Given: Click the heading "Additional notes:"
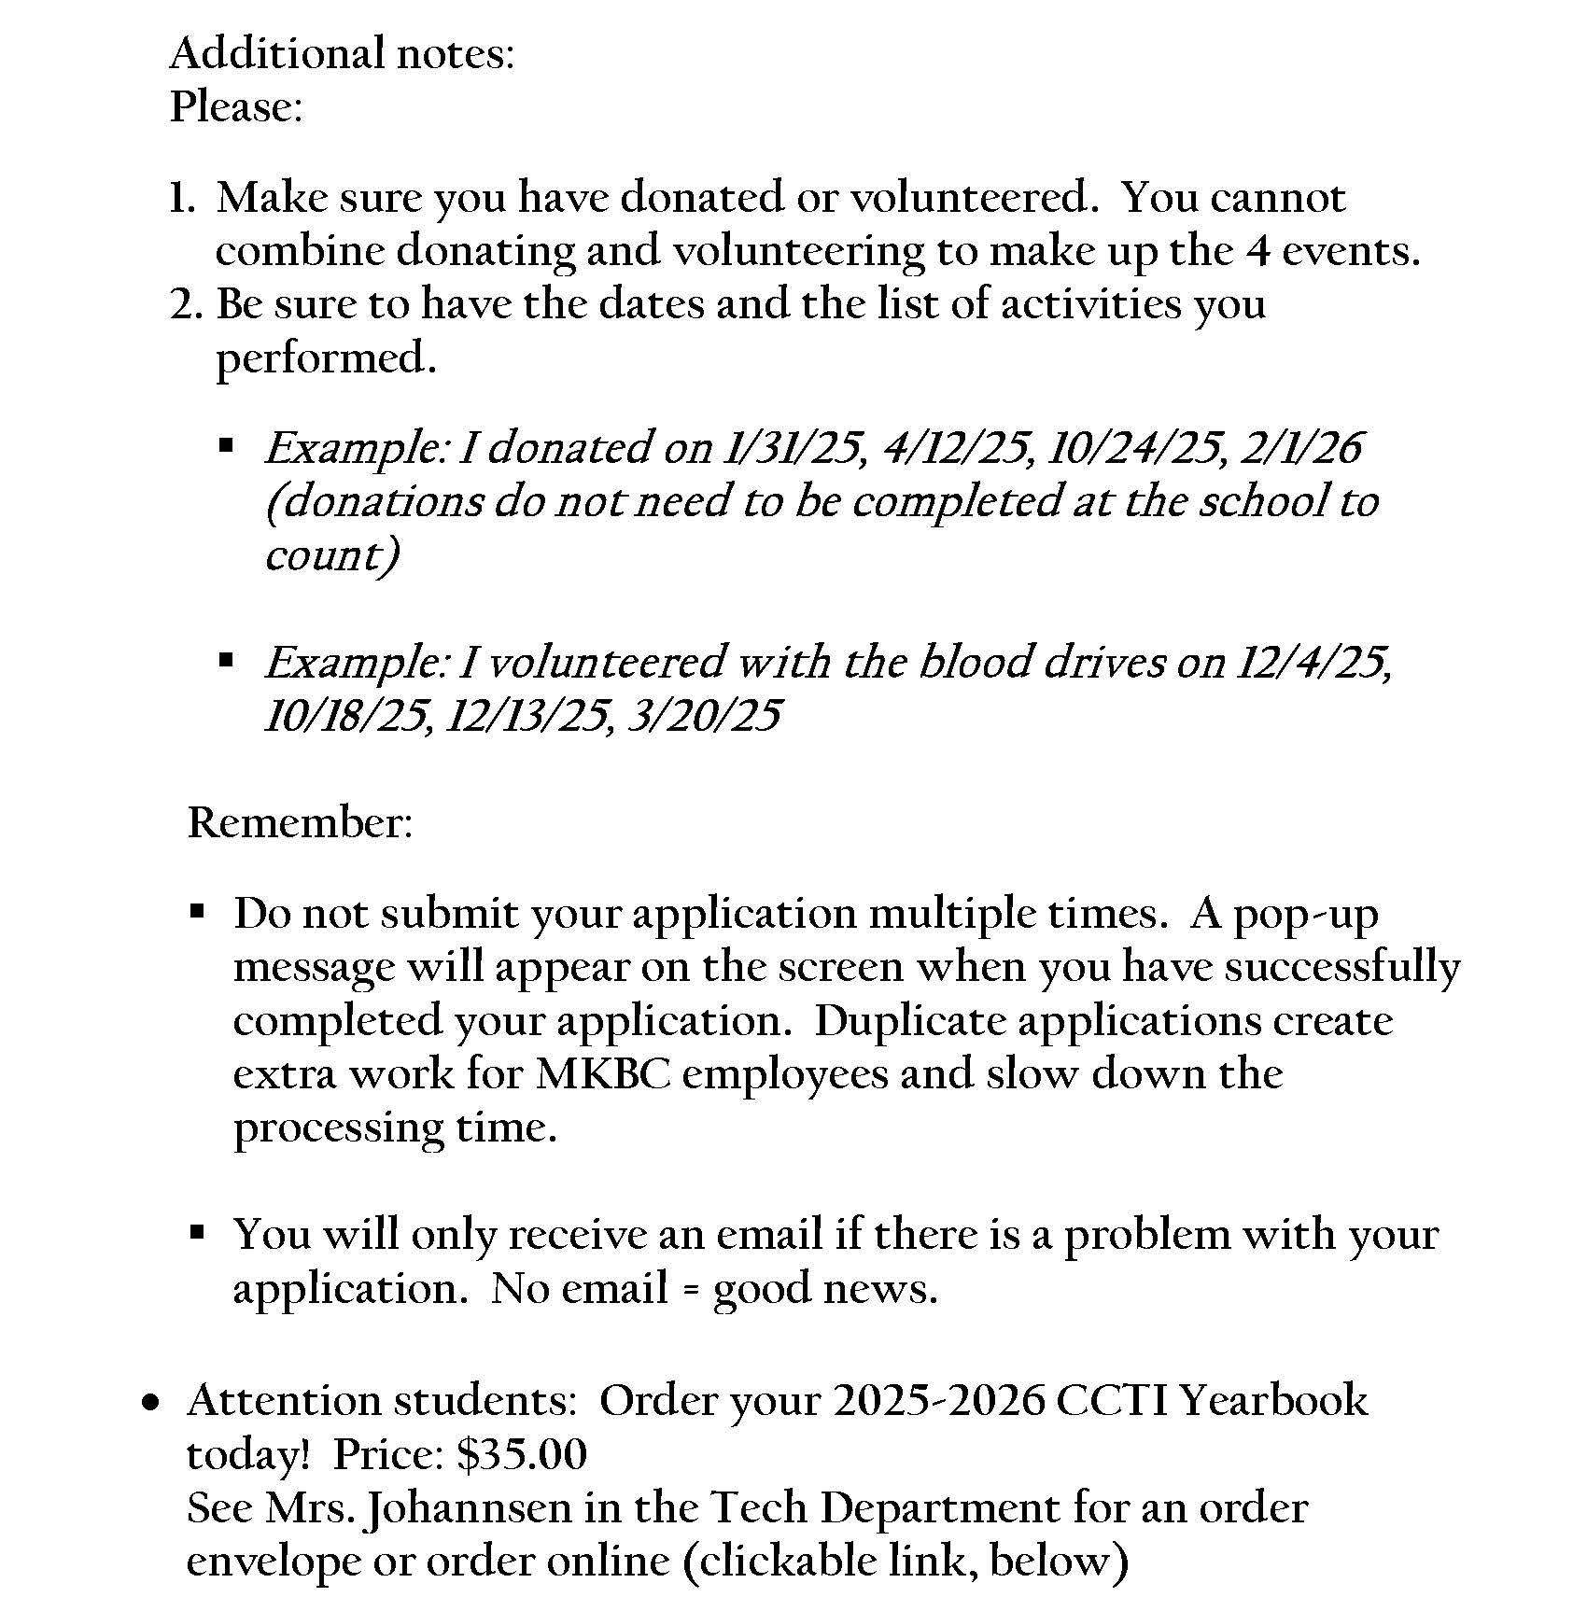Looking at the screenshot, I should pyautogui.click(x=342, y=53).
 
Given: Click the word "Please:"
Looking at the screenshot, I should pyautogui.click(x=236, y=106).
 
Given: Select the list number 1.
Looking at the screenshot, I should pyautogui.click(x=180, y=198).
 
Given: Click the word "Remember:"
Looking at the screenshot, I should pyautogui.click(x=300, y=823).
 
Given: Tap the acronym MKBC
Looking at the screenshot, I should pyautogui.click(x=603, y=1073).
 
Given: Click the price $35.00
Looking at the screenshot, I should pyautogui.click(x=522, y=1454).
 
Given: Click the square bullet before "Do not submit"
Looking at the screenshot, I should pyautogui.click(x=196, y=910).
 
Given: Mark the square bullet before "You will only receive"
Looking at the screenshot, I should pyautogui.click(x=196, y=1232).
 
